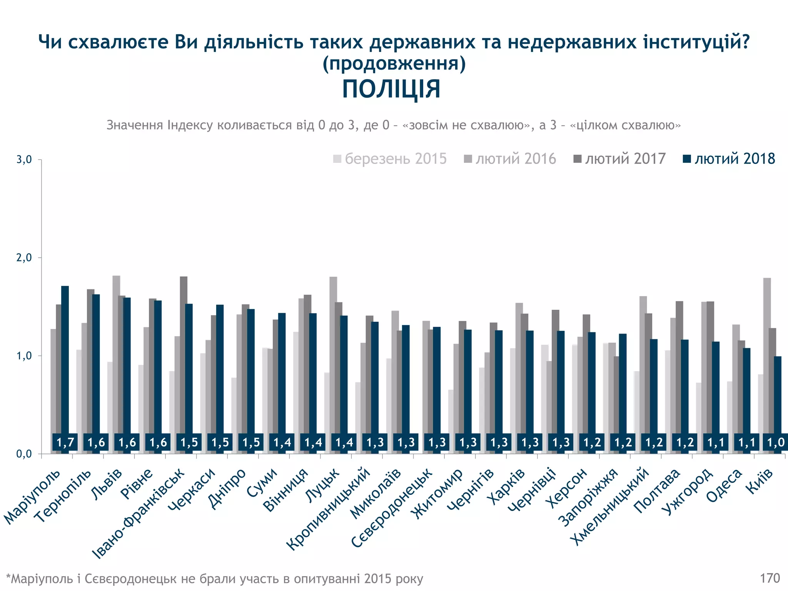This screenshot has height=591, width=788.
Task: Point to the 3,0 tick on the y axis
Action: [24, 160]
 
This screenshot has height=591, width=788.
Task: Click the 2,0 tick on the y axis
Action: [24, 258]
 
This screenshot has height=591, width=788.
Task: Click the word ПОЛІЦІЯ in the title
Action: [391, 89]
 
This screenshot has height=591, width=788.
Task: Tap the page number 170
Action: [770, 578]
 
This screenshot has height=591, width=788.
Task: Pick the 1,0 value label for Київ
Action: [775, 442]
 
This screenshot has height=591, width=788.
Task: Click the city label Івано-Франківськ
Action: [139, 514]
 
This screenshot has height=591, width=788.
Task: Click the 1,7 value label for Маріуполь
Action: [65, 442]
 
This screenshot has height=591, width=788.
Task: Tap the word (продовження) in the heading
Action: [394, 63]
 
